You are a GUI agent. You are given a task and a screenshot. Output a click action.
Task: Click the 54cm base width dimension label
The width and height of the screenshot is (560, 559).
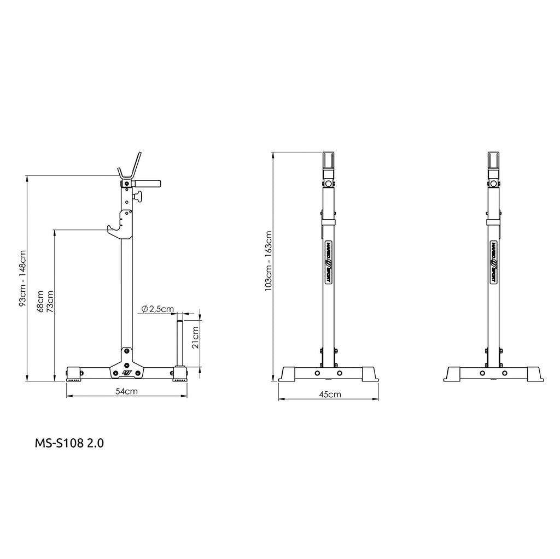126,391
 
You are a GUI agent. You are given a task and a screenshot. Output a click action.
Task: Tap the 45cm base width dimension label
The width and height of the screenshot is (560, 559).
330,395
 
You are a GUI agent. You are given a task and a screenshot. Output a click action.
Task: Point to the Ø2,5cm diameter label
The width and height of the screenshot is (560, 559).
157,309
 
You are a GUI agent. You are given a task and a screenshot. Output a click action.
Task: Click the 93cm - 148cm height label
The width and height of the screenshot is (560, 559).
22,278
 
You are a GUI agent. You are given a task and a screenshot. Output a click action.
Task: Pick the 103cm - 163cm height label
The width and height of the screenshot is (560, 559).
269,261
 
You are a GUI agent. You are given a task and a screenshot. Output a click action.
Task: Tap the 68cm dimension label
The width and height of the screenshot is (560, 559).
40,302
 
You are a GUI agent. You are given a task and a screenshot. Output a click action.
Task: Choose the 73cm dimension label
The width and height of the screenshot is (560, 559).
50,302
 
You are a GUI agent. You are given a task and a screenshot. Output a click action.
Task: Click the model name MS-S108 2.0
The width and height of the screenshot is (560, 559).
69,443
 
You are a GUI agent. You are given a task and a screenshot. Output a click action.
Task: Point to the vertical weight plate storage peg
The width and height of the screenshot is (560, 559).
179,343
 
